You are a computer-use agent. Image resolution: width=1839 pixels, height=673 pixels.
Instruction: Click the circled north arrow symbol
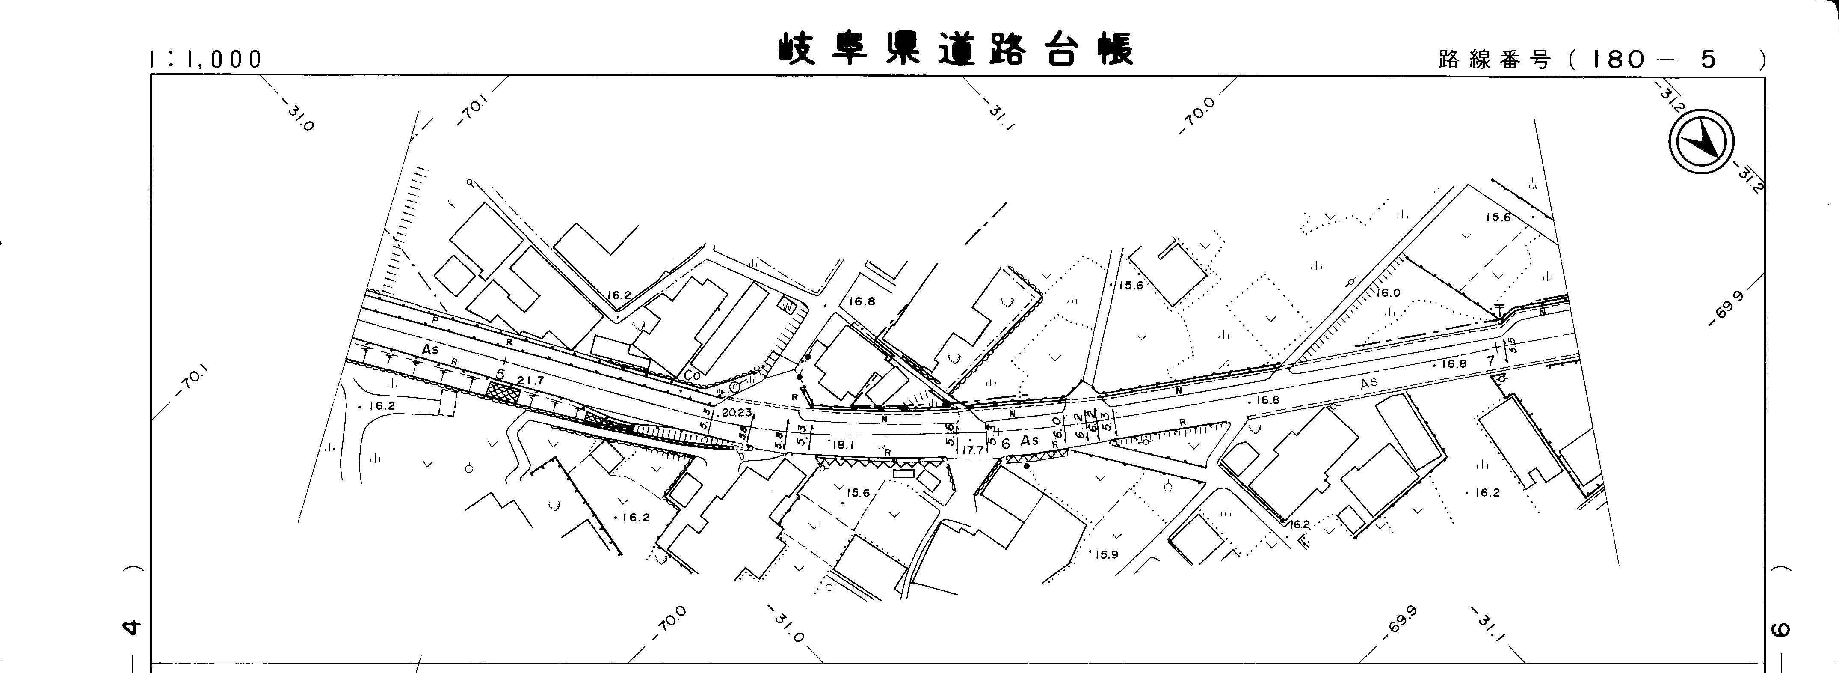[1700, 141]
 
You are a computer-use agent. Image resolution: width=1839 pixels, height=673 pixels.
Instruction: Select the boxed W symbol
[788, 306]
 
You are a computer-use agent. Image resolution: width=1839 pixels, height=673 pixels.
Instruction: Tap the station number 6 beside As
[1006, 444]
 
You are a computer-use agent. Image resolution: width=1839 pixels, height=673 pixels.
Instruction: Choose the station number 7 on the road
[1490, 361]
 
